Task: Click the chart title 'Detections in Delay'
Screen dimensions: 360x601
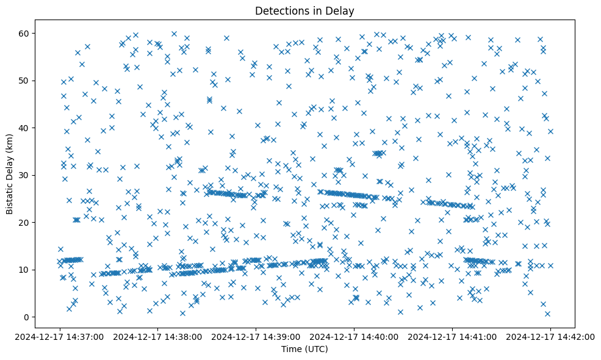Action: (304, 10)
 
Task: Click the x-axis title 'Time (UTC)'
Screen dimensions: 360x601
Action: (304, 349)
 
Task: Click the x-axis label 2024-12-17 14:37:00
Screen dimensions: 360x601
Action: (60, 336)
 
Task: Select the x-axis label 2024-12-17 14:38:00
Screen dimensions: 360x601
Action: (158, 336)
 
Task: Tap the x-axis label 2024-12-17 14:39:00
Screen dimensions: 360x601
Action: (256, 336)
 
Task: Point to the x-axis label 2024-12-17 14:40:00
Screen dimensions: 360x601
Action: (354, 336)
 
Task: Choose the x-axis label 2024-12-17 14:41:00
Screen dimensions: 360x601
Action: (453, 336)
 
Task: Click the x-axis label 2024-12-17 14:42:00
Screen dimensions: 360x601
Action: (550, 336)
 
